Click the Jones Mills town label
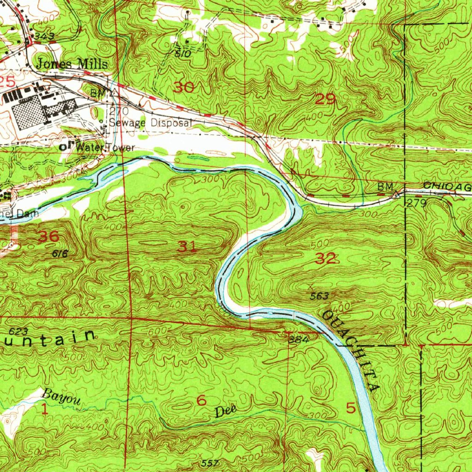pyautogui.click(x=72, y=64)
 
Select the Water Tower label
pyautogui.click(x=106, y=148)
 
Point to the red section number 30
pyautogui.click(x=184, y=87)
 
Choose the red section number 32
pyautogui.click(x=326, y=259)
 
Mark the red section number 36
pyautogui.click(x=48, y=237)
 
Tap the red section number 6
pyautogui.click(x=201, y=401)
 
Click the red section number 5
pyautogui.click(x=351, y=408)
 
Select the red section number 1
pyautogui.click(x=45, y=409)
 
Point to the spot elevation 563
pyautogui.click(x=319, y=296)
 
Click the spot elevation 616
pyautogui.click(x=60, y=253)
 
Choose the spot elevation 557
pyautogui.click(x=210, y=462)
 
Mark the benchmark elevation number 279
pyautogui.click(x=415, y=203)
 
